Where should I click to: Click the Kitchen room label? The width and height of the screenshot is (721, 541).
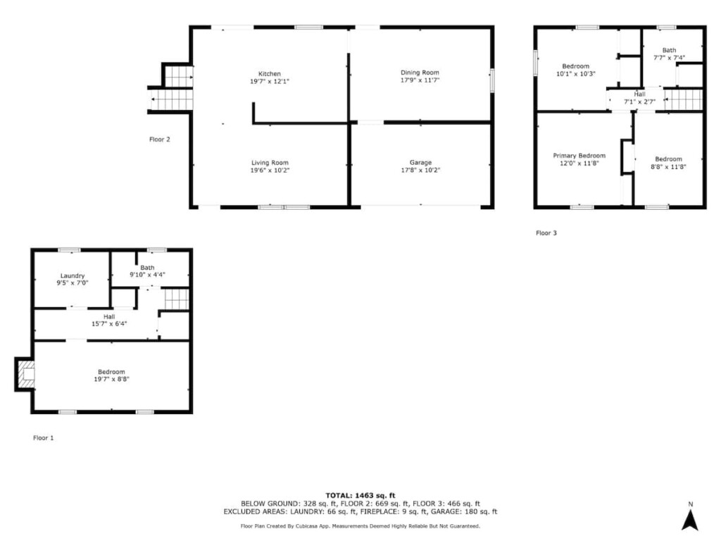[x=270, y=73]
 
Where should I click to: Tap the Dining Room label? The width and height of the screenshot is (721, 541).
[x=420, y=73]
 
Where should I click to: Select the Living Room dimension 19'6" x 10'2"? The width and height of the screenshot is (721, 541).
[x=270, y=170]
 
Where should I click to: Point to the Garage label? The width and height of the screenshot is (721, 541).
[x=421, y=163]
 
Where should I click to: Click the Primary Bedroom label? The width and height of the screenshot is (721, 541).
[x=579, y=156]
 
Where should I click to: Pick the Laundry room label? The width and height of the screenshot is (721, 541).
[x=73, y=275]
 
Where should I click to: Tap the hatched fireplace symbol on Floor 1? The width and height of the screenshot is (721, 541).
[x=26, y=375]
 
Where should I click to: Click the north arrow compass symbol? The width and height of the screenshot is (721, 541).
[x=690, y=520]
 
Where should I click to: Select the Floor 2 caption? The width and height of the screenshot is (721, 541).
[x=160, y=139]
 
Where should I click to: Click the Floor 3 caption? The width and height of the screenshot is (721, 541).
[x=546, y=232]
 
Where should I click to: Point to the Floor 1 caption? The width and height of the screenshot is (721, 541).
[x=43, y=438]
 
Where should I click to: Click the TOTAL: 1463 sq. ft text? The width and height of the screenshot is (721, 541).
[x=360, y=495]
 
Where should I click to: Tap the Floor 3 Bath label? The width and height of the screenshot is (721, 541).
[x=670, y=50]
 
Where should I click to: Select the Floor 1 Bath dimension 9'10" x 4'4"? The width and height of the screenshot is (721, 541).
[x=148, y=275]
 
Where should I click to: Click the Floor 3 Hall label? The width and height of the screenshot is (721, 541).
[x=639, y=94]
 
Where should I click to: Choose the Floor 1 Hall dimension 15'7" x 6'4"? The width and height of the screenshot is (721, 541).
[x=109, y=324]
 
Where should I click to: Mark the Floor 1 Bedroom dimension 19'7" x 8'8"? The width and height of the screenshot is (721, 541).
[x=112, y=379]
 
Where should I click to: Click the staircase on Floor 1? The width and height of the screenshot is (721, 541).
[x=177, y=299]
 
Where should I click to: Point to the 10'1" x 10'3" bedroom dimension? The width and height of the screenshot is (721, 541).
[x=576, y=73]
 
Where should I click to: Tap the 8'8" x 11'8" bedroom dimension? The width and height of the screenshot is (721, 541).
[x=669, y=166]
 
